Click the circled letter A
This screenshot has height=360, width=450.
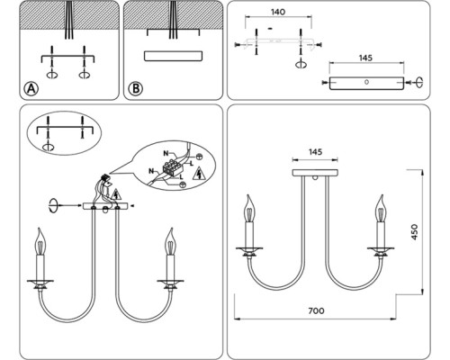(31, 89)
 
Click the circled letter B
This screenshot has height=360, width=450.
(136, 89)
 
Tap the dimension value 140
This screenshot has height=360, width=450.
(278, 12)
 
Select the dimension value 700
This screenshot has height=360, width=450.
(316, 310)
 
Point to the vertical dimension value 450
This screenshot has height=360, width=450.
(414, 232)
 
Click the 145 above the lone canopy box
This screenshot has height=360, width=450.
(365, 58)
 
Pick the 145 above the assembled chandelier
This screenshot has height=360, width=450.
(315, 152)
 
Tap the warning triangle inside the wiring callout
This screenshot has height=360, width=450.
(198, 174)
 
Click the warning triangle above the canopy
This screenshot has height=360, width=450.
(116, 195)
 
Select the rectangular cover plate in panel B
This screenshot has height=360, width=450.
(173, 56)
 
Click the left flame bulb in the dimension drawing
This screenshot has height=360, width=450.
(249, 209)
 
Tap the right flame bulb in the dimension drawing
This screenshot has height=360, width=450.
(381, 209)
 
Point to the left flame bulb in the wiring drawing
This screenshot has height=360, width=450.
(40, 241)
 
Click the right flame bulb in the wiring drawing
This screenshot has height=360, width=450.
(171, 241)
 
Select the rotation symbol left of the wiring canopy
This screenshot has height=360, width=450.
(53, 205)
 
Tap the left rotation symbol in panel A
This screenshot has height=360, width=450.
(52, 74)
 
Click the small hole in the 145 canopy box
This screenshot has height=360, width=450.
(366, 82)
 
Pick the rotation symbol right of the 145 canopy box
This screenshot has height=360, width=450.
(418, 82)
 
